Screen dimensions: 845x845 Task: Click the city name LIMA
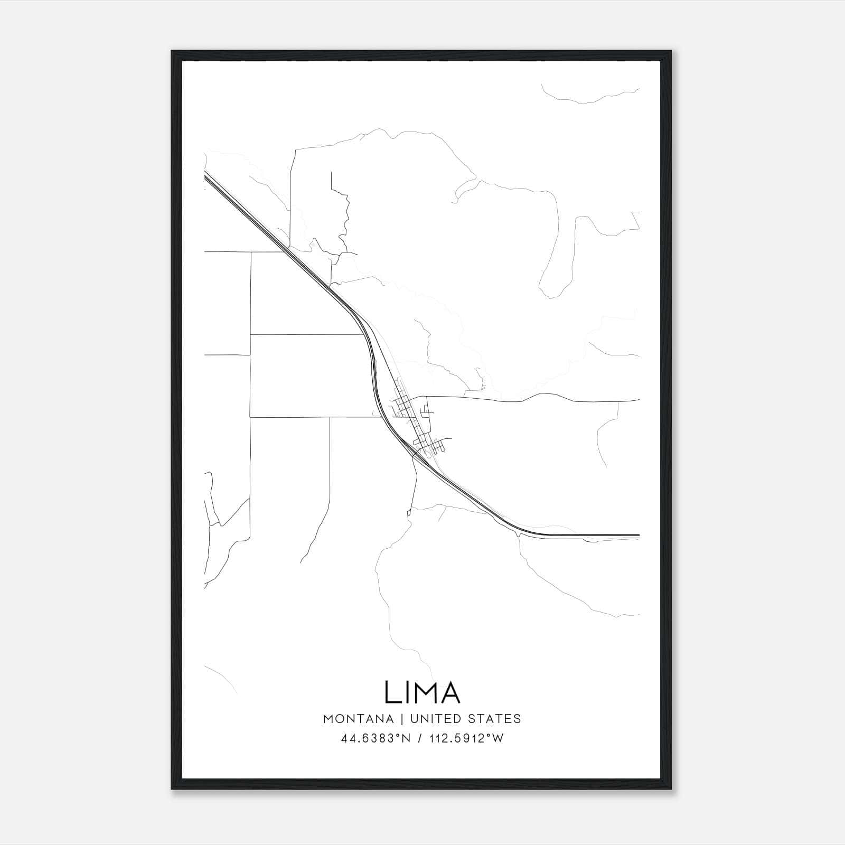[x=422, y=692]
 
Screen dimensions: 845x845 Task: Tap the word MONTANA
[x=358, y=719]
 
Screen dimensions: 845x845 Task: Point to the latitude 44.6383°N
[x=374, y=739]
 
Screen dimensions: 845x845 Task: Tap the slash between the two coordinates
[x=419, y=739]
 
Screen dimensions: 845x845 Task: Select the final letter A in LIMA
[x=450, y=692]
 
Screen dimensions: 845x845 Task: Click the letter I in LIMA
[x=408, y=692]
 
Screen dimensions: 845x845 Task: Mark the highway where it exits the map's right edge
[x=637, y=536]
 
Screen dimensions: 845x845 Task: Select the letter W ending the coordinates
[x=499, y=739]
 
